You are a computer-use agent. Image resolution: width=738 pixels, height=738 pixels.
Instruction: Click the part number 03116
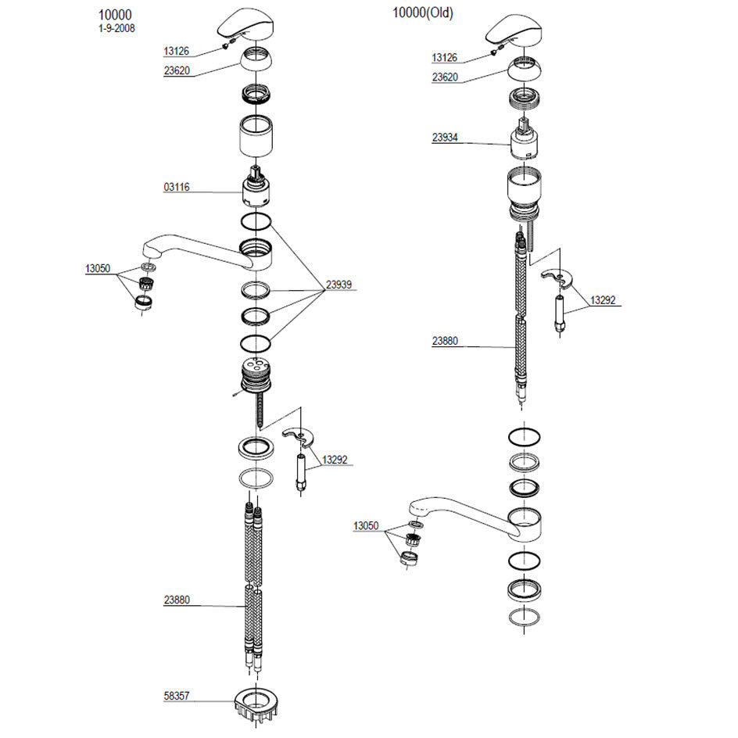(x=177, y=187)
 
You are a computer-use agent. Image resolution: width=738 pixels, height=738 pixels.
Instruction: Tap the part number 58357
(x=177, y=696)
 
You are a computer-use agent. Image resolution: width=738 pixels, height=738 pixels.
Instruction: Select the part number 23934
(x=445, y=138)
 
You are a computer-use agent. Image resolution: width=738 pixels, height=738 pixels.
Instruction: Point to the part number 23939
(x=339, y=285)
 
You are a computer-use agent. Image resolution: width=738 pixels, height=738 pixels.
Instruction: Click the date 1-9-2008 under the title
(x=116, y=28)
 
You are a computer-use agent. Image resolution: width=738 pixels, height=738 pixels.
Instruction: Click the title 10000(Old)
(x=423, y=13)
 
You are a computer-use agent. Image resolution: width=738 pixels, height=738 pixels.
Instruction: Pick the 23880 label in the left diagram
(x=177, y=600)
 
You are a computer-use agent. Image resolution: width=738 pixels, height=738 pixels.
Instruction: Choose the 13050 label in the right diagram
(x=366, y=525)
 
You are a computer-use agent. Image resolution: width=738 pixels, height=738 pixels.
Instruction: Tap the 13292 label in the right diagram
(x=603, y=300)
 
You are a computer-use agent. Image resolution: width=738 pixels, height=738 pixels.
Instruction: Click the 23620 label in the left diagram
(x=177, y=70)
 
